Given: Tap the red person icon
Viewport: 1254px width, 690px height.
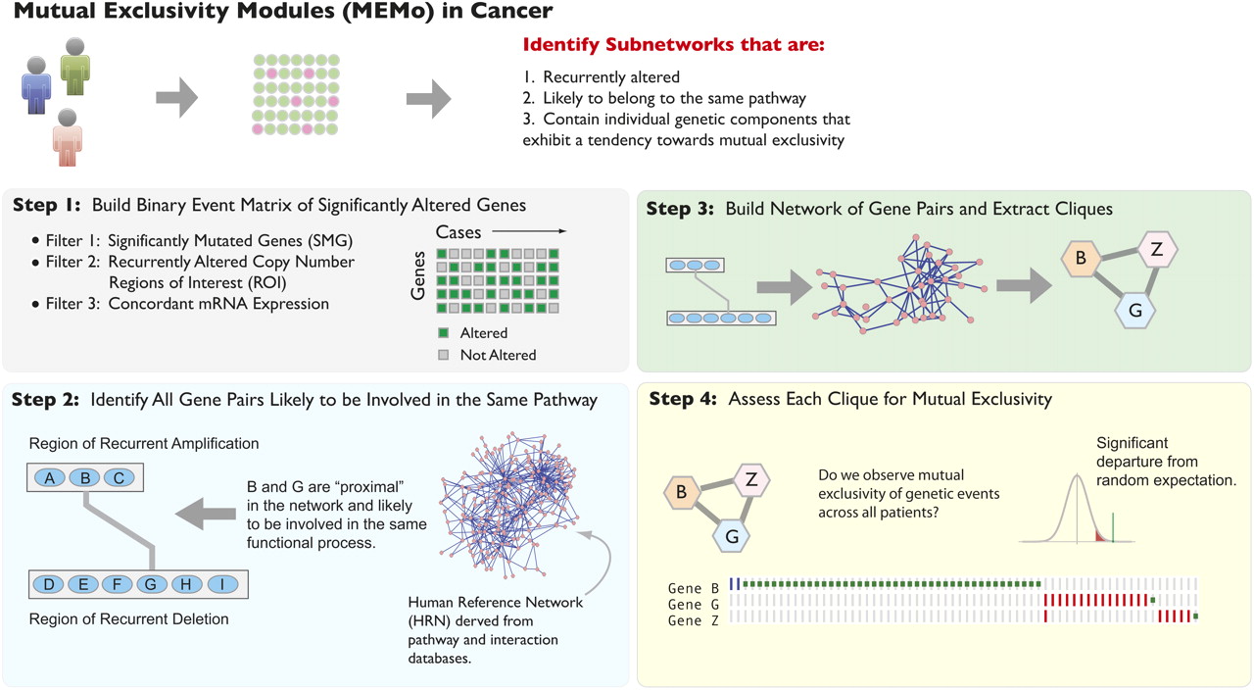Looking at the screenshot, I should (68, 136).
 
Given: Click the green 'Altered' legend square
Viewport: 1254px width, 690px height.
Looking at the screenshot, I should (443, 333).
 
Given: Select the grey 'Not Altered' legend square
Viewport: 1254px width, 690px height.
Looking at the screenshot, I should (443, 354).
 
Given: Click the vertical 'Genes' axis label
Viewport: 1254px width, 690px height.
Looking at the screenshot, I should (418, 273).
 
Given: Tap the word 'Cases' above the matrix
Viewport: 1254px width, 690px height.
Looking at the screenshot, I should (458, 231).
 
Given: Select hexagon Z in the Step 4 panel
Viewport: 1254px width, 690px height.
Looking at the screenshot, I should (751, 479).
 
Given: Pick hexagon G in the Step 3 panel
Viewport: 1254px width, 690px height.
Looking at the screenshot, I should (1135, 310).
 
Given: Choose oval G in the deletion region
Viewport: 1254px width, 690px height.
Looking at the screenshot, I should (151, 585).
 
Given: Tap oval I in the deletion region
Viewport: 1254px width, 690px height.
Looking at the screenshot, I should (222, 585).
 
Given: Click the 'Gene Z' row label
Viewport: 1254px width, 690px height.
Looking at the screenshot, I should (685, 620).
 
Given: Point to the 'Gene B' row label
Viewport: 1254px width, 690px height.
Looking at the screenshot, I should (685, 588).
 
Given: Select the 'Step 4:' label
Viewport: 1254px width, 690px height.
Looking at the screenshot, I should (684, 399).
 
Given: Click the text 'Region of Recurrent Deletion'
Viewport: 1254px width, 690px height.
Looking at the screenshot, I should (129, 618).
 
